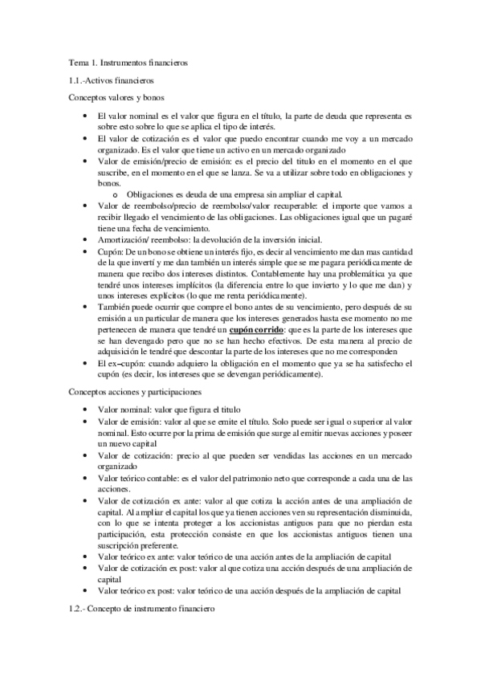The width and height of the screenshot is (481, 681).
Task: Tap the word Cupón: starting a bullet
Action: [111, 251]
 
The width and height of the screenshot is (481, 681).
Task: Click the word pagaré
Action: [397, 217]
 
